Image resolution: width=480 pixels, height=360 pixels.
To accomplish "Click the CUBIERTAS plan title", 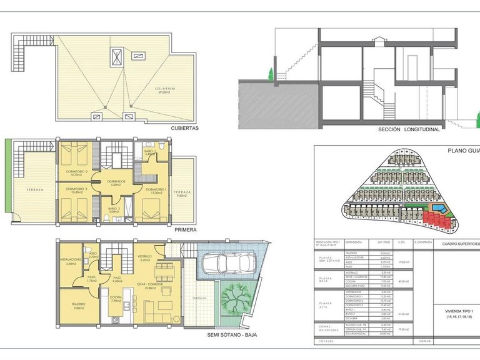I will click(184, 128).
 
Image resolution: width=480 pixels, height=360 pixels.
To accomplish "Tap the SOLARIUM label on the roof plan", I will click(165, 89).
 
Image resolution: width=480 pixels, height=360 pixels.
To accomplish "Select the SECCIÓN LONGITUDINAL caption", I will click(409, 130).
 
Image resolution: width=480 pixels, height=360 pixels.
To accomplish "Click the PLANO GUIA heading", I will click(462, 151).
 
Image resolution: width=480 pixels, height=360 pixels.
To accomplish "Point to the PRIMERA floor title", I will click(186, 230).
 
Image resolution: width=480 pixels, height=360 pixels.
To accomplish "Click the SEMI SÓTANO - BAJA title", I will click(232, 334).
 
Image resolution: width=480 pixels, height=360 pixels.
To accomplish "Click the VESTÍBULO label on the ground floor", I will click(145, 256).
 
